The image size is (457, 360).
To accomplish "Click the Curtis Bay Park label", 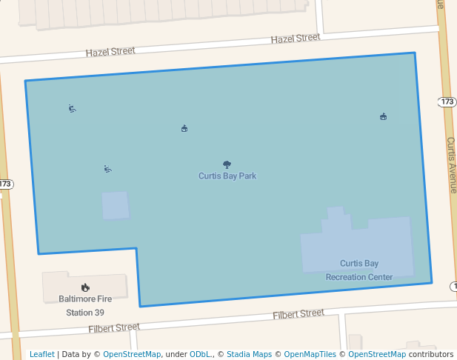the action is [x=227, y=176].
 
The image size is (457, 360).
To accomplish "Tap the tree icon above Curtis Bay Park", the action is [x=227, y=164].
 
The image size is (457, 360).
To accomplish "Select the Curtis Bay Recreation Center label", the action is [x=359, y=270].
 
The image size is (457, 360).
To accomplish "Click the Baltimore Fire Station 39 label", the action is [x=85, y=305].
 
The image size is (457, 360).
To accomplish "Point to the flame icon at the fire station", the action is [x=85, y=287].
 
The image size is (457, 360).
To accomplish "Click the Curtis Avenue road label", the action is [x=451, y=164].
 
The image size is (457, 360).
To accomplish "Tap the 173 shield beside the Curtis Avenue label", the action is [x=447, y=101].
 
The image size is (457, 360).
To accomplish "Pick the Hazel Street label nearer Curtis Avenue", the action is [x=295, y=38].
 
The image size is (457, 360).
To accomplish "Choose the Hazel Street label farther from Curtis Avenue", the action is [x=110, y=52].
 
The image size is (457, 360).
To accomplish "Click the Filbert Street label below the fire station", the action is [x=114, y=327].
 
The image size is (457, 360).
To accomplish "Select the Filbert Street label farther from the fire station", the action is [x=298, y=314].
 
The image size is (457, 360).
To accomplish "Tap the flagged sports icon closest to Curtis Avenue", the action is [x=383, y=116].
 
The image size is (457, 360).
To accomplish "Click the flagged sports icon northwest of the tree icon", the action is [x=184, y=128].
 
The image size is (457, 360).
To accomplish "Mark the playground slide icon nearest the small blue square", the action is [x=107, y=169].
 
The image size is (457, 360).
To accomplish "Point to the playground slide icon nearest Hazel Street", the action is [x=72, y=109].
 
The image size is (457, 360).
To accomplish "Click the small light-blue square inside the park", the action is [x=115, y=206].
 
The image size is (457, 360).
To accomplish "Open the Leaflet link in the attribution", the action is [x=42, y=354].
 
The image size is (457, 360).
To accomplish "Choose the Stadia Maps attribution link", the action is [x=249, y=354].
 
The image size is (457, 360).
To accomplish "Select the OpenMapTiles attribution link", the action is [x=305, y=354].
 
